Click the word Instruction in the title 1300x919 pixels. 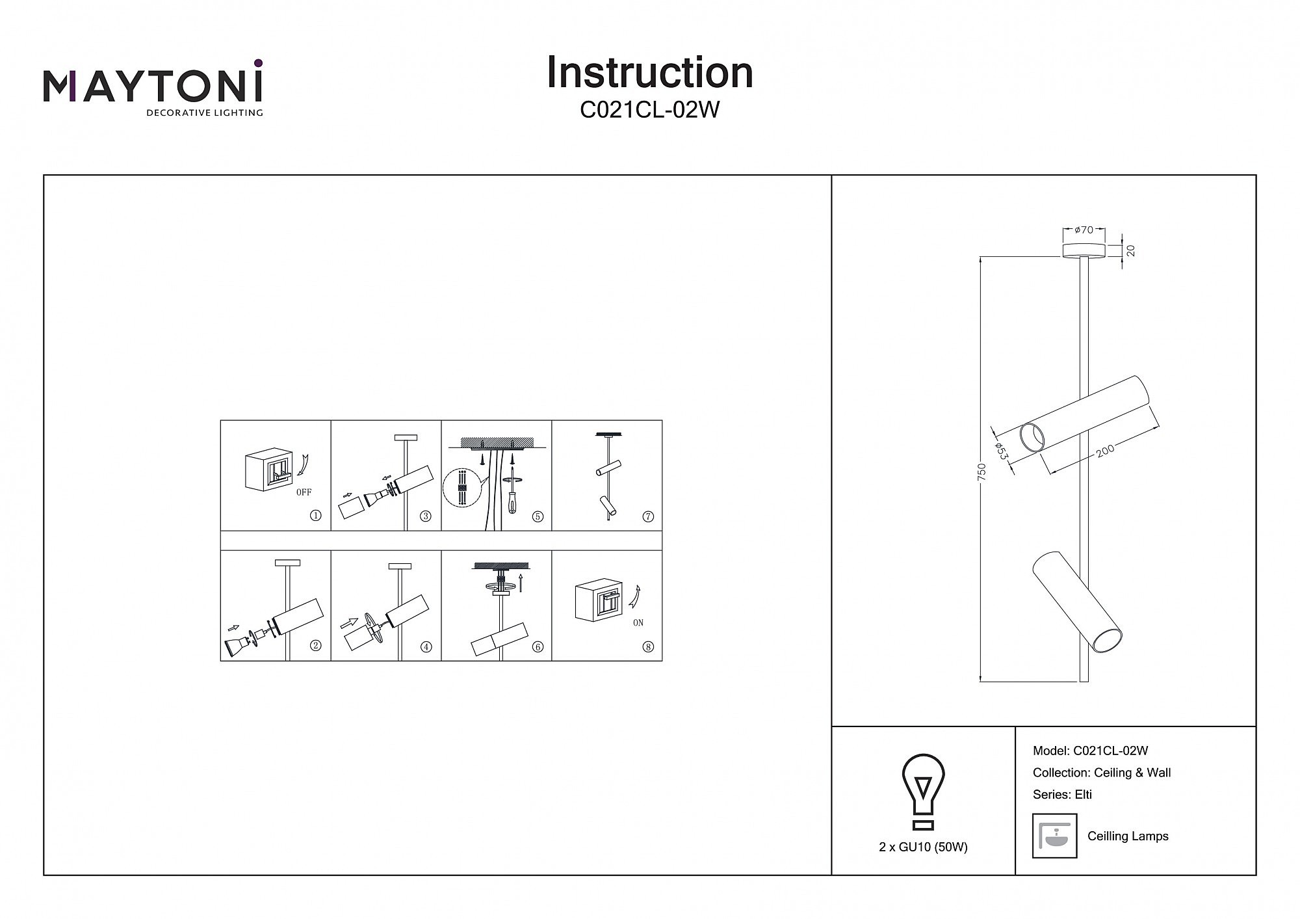pyautogui.click(x=649, y=73)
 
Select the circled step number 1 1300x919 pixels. pyautogui.click(x=316, y=516)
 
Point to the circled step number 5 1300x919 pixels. pyautogui.click(x=538, y=516)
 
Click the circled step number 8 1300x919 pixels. pyautogui.click(x=648, y=647)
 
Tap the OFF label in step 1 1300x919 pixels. pyautogui.click(x=304, y=492)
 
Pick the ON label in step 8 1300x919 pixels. pyautogui.click(x=638, y=623)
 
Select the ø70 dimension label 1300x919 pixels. pyautogui.click(x=1084, y=230)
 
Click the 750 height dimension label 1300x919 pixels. pyautogui.click(x=982, y=471)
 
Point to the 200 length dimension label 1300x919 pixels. pyautogui.click(x=1105, y=450)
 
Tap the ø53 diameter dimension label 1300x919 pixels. pyautogui.click(x=1002, y=451)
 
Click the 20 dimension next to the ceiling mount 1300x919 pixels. pyautogui.click(x=1131, y=250)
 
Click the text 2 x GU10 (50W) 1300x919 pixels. pyautogui.click(x=923, y=847)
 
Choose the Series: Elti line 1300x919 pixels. pyautogui.click(x=1062, y=795)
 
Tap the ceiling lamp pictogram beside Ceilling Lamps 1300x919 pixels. pyautogui.click(x=1054, y=836)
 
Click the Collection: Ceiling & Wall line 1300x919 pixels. pyautogui.click(x=1102, y=773)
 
